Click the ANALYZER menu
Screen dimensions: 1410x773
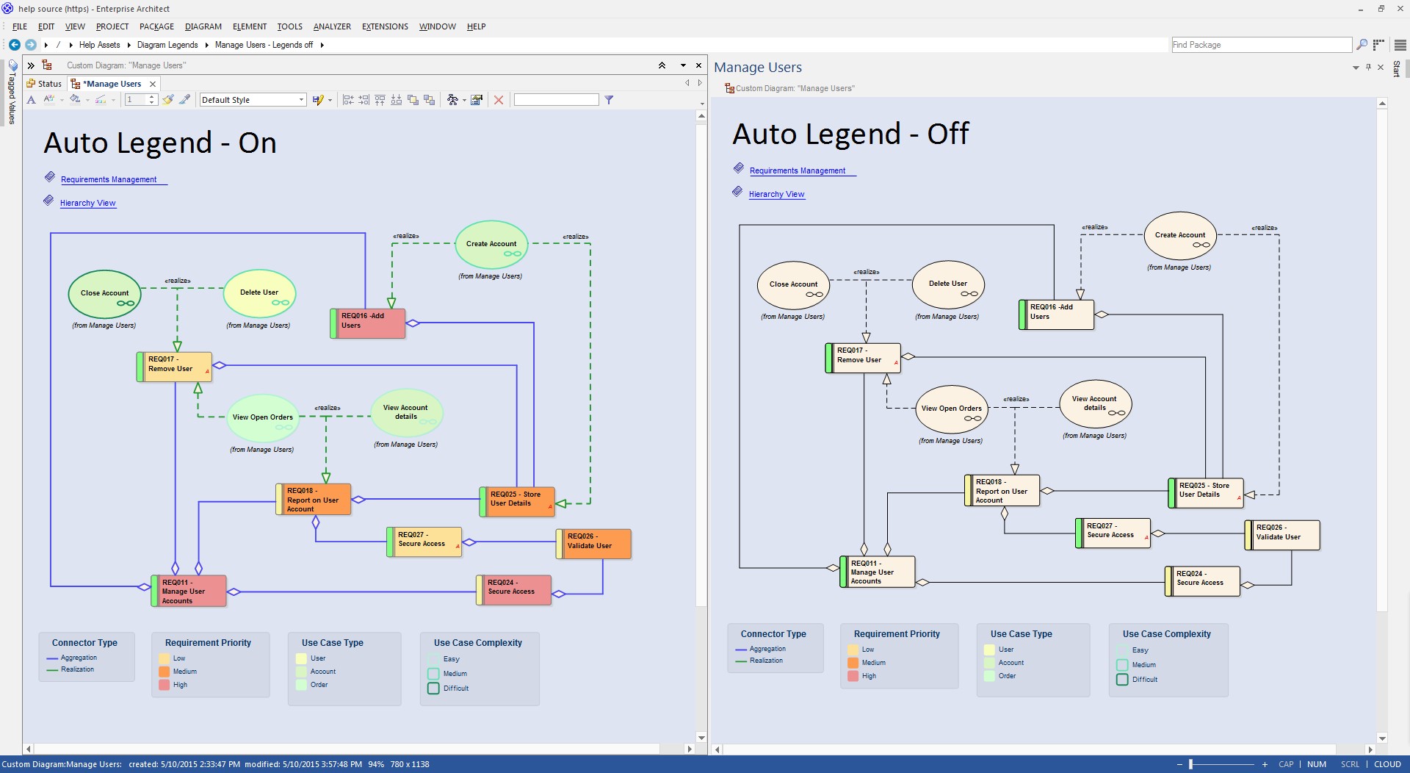coord(332,26)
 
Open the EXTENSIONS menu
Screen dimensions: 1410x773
coord(385,26)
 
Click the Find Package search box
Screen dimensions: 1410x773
coord(1261,45)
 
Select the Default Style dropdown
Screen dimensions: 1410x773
coord(253,100)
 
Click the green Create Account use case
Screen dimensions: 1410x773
coord(491,245)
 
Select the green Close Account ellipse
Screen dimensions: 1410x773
coord(104,294)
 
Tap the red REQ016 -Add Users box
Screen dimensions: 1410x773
coord(368,323)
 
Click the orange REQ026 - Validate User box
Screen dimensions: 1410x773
coord(594,544)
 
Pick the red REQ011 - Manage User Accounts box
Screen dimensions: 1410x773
coord(189,591)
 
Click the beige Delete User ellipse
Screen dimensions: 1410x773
coord(948,285)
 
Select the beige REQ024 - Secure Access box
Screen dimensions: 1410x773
coord(1202,581)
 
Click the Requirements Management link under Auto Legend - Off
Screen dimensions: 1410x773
coord(798,170)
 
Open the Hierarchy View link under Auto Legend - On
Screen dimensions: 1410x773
coord(87,203)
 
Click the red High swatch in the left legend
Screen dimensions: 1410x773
coord(164,685)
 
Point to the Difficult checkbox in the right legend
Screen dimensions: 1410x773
coord(1122,680)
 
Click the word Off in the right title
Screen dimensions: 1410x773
coord(948,134)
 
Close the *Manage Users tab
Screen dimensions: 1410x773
coord(153,84)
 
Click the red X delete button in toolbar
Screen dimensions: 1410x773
coord(499,100)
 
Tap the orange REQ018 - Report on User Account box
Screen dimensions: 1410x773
coord(314,500)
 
